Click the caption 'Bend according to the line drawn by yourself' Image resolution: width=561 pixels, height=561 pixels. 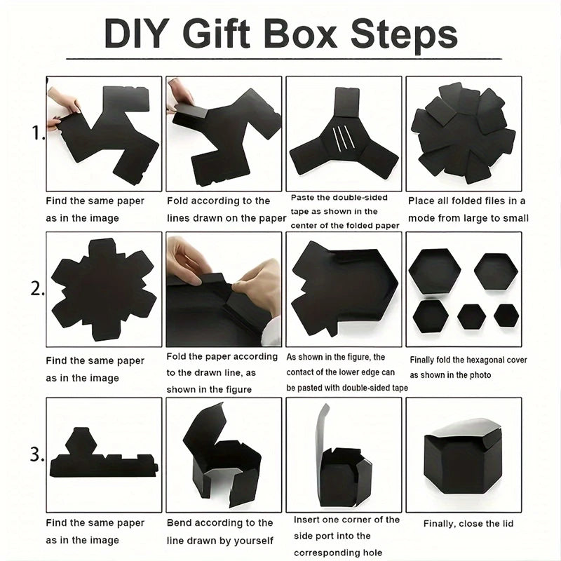tap(220, 532)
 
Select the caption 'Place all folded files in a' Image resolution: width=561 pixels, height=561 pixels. tap(467, 201)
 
